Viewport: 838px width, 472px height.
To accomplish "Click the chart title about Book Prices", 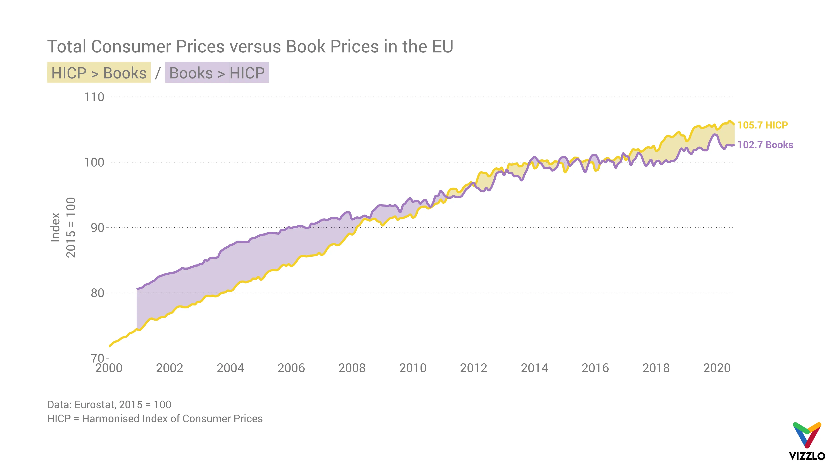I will point(250,46).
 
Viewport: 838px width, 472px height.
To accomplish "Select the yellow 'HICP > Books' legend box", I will point(99,73).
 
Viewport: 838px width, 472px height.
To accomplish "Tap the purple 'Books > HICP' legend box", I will point(217,73).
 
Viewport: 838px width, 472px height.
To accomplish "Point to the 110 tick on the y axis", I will point(94,97).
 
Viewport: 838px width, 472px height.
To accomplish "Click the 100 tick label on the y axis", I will point(94,162).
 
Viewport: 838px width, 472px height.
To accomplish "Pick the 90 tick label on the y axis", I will point(97,228).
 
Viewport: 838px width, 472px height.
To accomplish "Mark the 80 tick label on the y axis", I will point(97,293).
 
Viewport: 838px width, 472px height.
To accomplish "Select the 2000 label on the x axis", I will point(109,368).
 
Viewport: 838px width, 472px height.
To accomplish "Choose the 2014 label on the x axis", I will point(534,368).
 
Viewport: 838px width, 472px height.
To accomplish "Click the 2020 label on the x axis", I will point(717,368).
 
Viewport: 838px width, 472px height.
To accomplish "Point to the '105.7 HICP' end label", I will point(762,125).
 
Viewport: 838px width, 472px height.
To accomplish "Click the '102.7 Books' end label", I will point(765,145).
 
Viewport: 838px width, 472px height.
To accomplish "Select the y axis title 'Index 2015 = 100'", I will point(63,227).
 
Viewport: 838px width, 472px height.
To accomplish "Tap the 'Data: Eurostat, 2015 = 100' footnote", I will point(109,404).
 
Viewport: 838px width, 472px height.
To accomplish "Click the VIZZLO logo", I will point(807,441).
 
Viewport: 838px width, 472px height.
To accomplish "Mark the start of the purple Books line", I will point(137,289).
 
